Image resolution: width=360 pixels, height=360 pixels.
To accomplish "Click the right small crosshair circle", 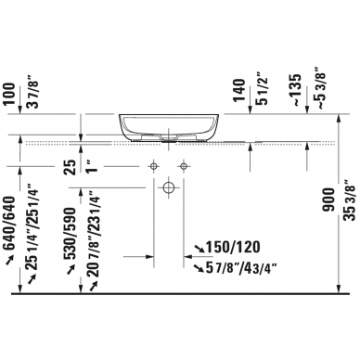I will pyautogui.click(x=185, y=166).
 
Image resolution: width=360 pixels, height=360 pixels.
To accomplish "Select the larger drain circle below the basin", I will pyautogui.click(x=168, y=187).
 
